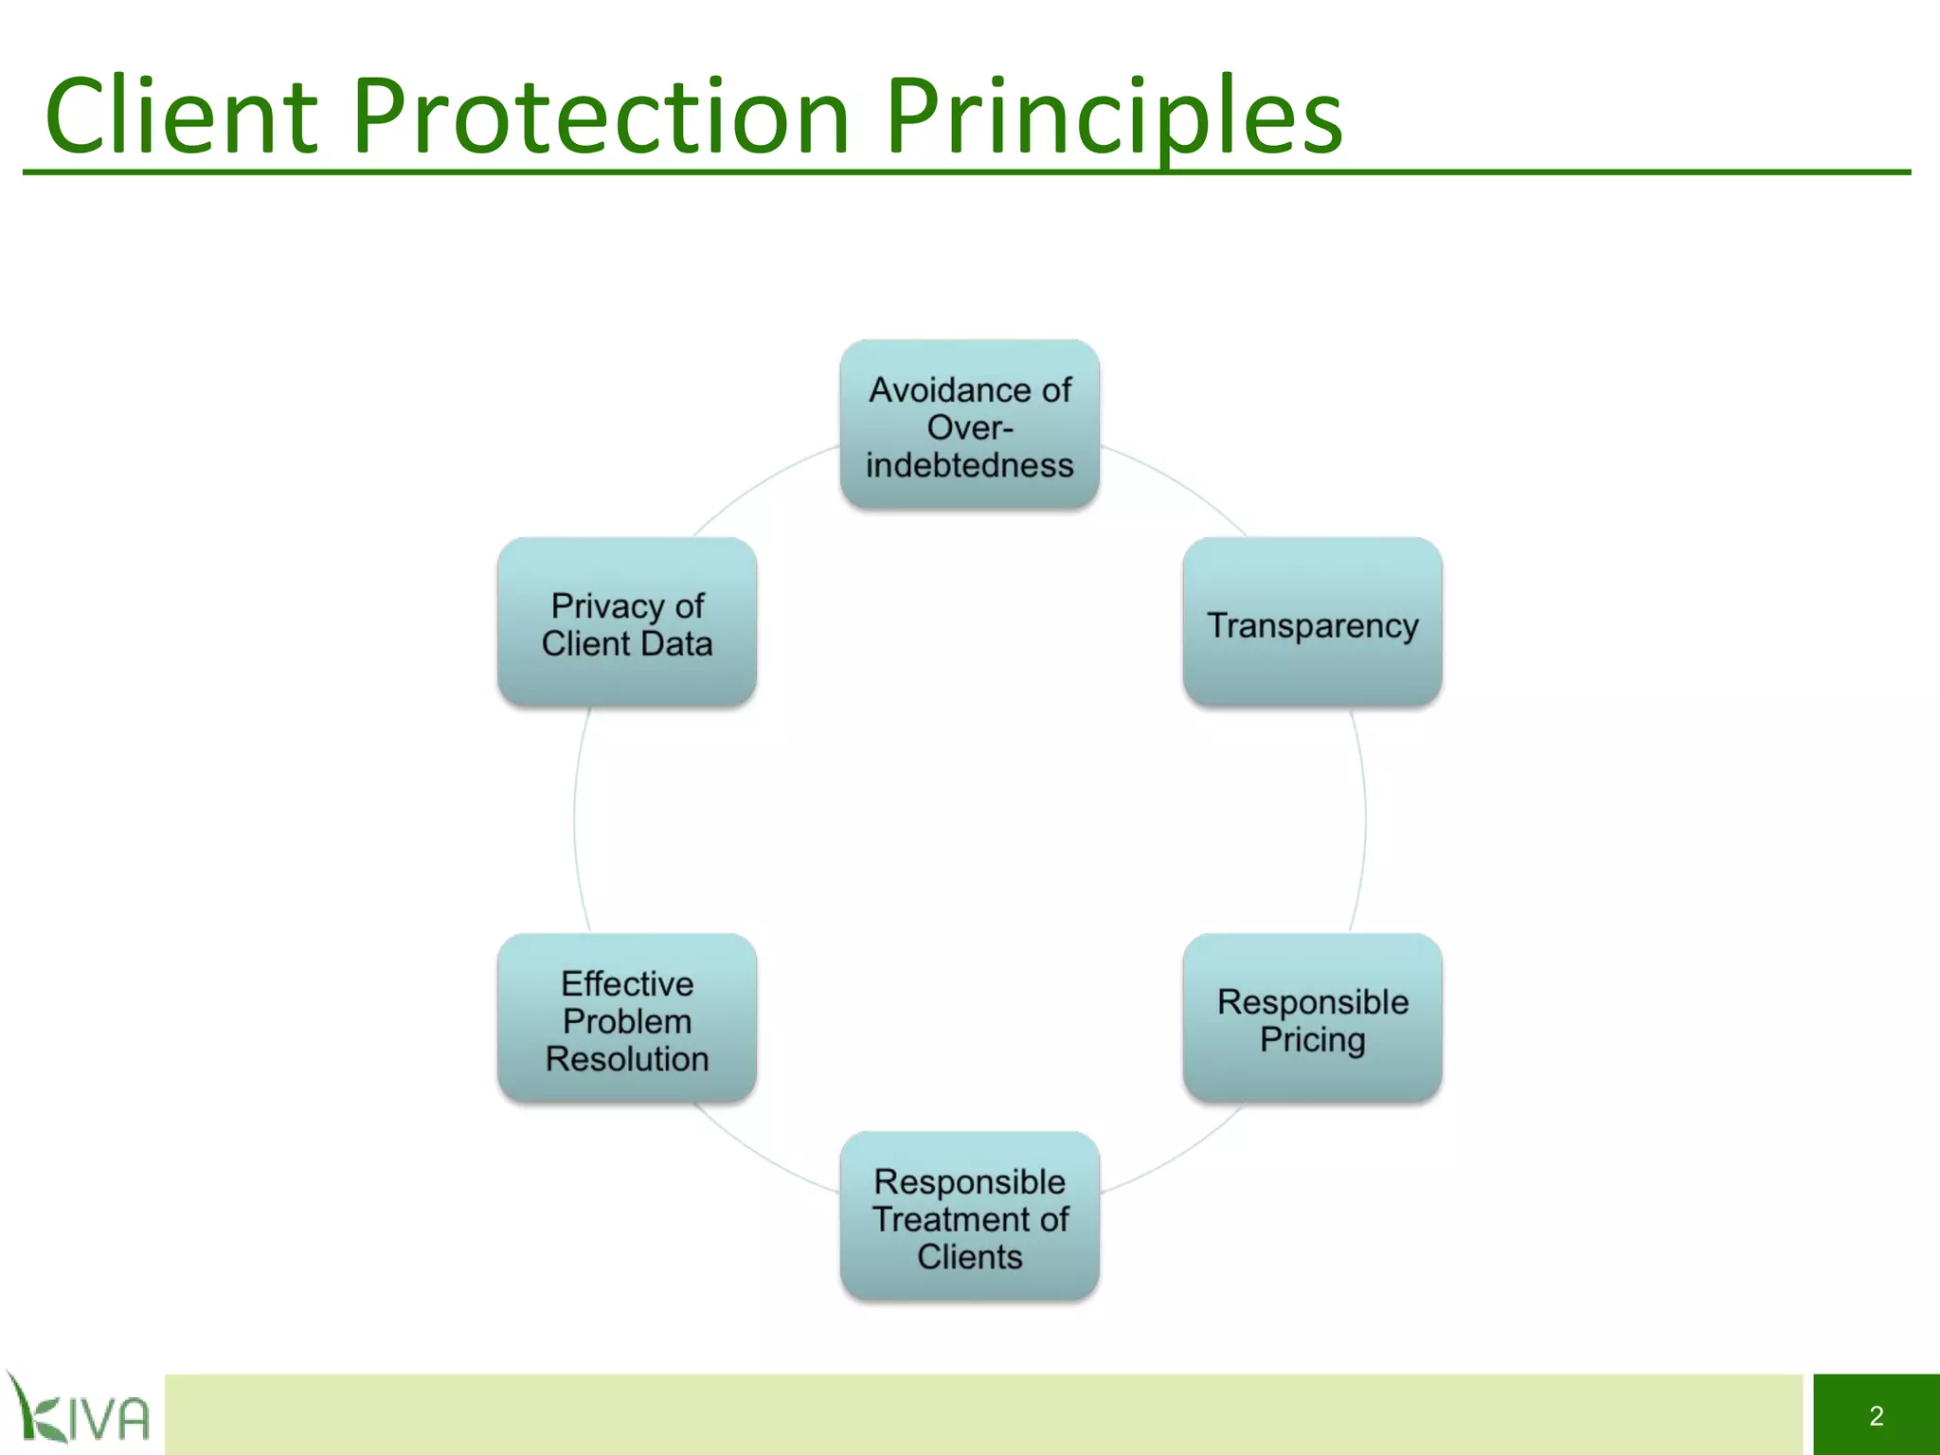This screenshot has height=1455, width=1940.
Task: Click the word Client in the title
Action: (180, 116)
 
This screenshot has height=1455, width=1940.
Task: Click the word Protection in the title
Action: (601, 116)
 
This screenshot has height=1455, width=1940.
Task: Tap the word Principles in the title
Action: (1113, 116)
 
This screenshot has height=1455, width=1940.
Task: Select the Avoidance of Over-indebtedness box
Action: (969, 423)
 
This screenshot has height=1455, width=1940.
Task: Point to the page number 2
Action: (1876, 1415)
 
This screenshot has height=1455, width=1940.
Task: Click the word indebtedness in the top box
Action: (969, 465)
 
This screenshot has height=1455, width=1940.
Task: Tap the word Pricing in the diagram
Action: (1312, 1039)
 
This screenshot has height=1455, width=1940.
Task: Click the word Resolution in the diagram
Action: (626, 1058)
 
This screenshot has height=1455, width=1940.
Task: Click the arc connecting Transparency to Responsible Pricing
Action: (1365, 819)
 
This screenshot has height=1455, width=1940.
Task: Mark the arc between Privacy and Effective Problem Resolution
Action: (574, 819)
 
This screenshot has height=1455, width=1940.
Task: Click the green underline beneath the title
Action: (966, 172)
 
